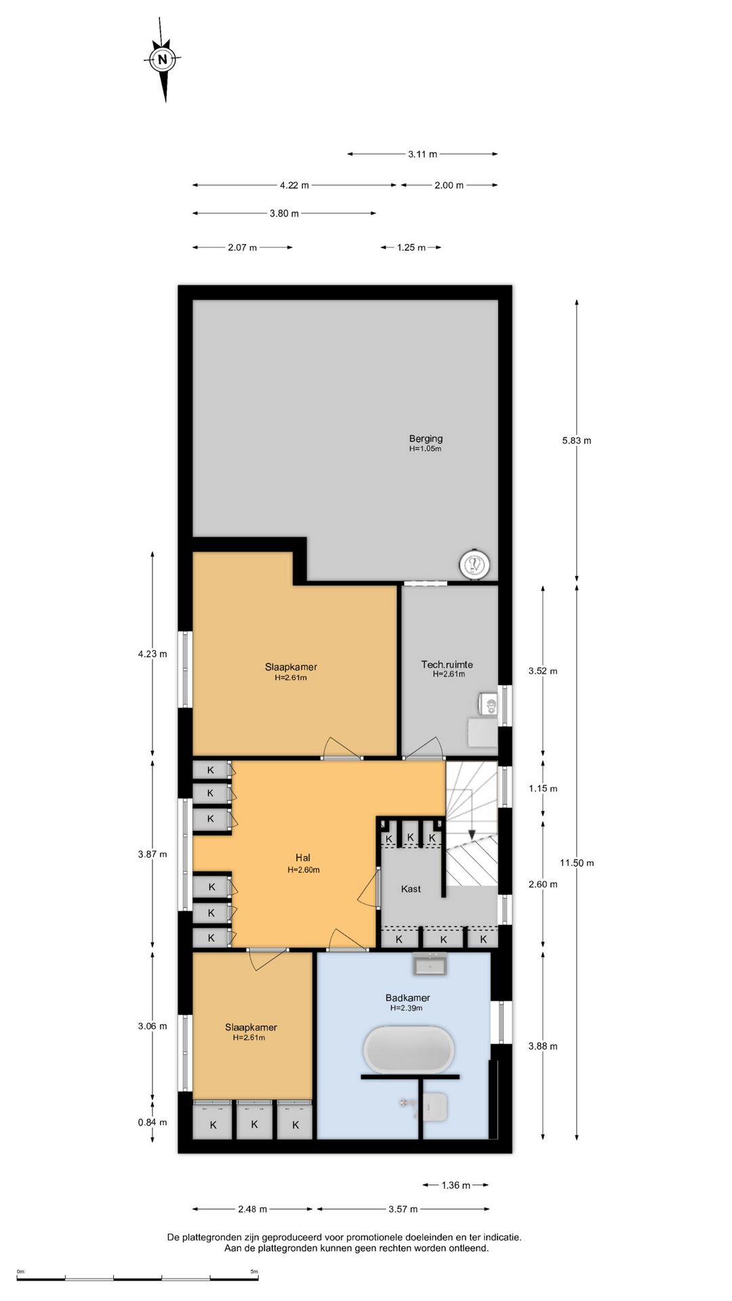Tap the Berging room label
(426, 438)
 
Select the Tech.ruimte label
(447, 664)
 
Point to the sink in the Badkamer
(430, 964)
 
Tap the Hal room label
(303, 858)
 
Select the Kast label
(411, 889)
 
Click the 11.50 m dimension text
(577, 863)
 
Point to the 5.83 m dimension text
(577, 440)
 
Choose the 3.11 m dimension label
(422, 154)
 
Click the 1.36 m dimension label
(455, 1185)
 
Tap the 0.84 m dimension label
(152, 1122)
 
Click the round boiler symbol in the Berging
(474, 564)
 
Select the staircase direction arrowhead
(472, 835)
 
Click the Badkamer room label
(408, 997)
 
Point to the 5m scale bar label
(254, 1271)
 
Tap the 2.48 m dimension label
(252, 1209)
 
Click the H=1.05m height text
(426, 449)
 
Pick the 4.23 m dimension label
(152, 654)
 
